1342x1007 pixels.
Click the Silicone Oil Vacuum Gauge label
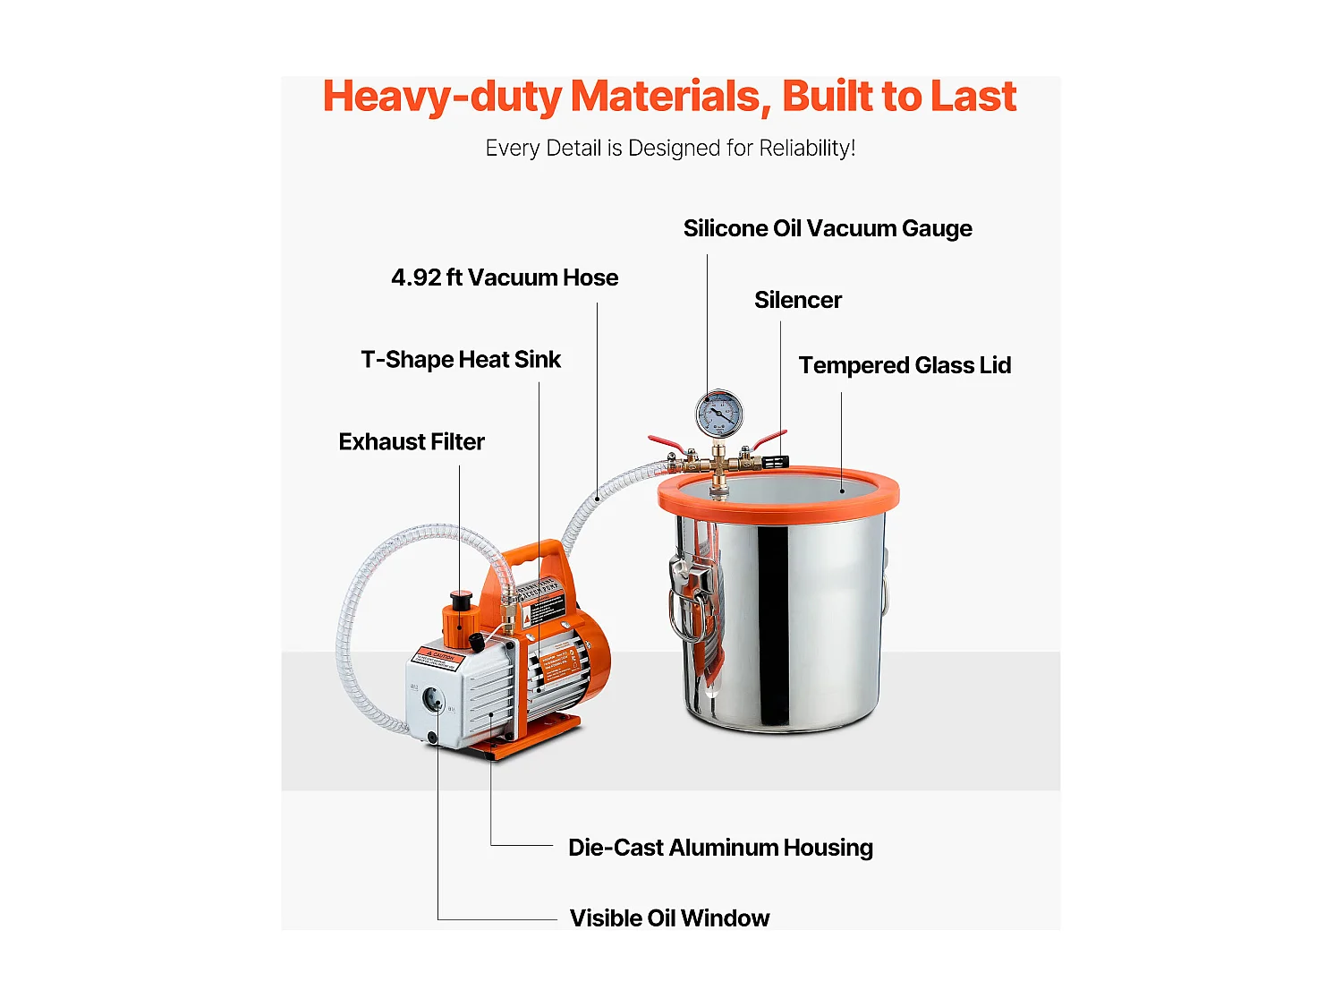pos(828,228)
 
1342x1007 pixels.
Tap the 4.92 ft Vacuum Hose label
pos(505,277)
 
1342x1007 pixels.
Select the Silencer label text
pos(797,300)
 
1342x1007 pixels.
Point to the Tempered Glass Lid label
pos(905,365)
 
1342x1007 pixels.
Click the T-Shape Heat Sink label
pos(461,360)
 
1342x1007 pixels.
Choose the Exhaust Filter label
pos(412,442)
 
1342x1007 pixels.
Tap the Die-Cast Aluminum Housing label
pos(720,848)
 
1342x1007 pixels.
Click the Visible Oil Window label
pos(669,918)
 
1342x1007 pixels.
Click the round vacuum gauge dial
pos(718,414)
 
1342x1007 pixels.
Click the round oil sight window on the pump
pos(433,698)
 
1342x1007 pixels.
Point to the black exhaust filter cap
pos(461,599)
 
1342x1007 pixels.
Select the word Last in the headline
pos(973,97)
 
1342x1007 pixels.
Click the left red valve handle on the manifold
pos(667,444)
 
